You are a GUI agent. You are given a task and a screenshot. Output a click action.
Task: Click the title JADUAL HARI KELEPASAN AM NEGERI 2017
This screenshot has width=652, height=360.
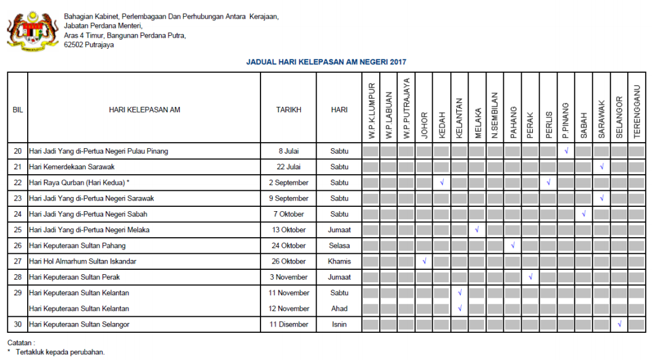pos(326,62)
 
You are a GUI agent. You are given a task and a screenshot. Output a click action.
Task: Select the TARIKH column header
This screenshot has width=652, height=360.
pos(288,110)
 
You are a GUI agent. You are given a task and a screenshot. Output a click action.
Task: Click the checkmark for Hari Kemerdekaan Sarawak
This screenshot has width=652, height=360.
pos(601,167)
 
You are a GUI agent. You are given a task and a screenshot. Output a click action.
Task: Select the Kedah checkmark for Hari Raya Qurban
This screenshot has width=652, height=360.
pos(442,183)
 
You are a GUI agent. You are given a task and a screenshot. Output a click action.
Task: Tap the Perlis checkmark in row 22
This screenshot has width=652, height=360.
pos(548,183)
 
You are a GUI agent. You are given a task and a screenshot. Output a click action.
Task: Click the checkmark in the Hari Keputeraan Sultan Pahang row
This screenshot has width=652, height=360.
pos(513,246)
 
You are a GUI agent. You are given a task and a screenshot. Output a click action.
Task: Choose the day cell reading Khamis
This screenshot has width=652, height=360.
pos(339,261)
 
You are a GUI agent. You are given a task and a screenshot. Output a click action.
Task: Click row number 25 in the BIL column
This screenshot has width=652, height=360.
pos(17,230)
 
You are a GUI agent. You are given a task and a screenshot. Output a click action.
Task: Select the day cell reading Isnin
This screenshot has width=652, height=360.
pos(339,324)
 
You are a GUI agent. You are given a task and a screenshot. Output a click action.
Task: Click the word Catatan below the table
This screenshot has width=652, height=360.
pos(21,342)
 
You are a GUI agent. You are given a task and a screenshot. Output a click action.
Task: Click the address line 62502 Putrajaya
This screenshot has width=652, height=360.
pos(89,44)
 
